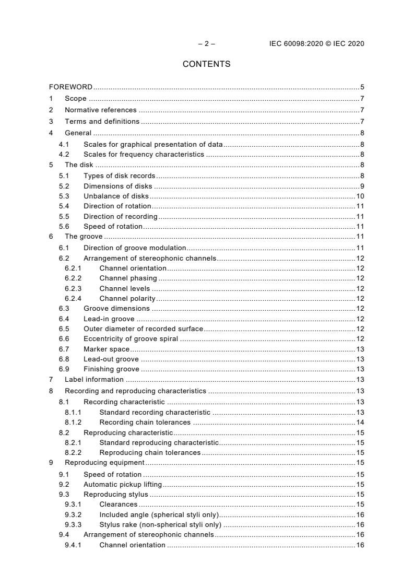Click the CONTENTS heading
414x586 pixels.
206,64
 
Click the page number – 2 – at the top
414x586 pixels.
206,44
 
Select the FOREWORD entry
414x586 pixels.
70,87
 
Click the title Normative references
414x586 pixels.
100,110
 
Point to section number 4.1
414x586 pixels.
64,144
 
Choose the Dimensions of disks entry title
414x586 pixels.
118,186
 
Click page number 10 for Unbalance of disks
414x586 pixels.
360,196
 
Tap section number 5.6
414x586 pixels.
64,227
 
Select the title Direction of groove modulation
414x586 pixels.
135,248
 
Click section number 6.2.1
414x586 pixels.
72,268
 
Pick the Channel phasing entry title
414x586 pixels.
128,278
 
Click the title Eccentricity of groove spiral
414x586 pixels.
131,339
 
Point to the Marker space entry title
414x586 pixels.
107,349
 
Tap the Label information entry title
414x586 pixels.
94,379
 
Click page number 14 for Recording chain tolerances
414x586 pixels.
360,422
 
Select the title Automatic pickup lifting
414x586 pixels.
123,484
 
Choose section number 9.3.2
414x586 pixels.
72,514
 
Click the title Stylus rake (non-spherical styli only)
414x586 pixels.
160,524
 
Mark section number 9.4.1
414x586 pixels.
72,545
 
